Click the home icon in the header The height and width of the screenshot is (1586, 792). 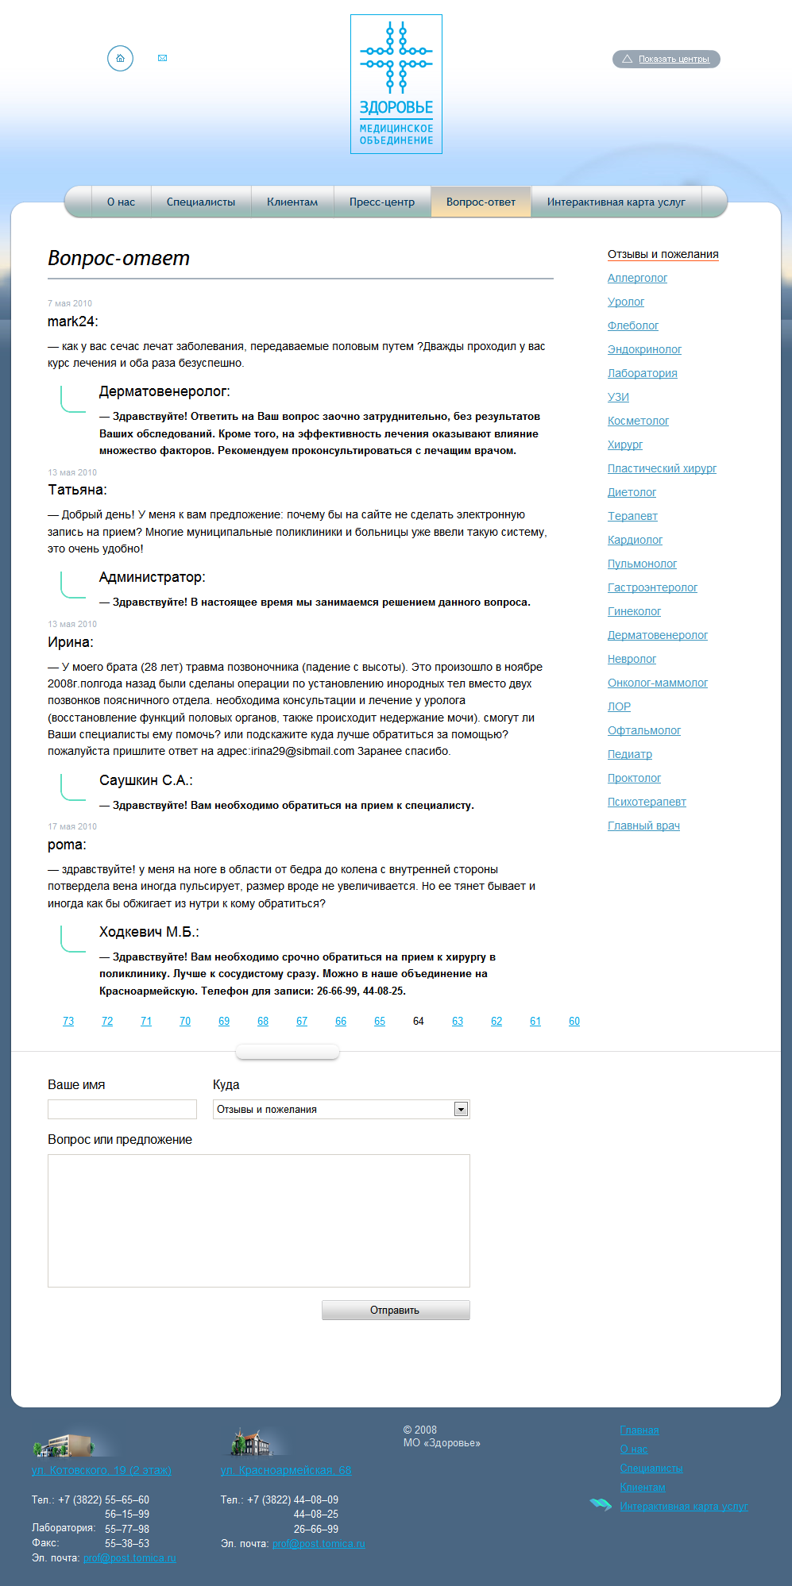click(x=120, y=58)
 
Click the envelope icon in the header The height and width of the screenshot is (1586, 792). click(x=163, y=58)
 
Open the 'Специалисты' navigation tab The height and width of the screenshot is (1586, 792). click(x=201, y=202)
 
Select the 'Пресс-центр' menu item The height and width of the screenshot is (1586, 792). click(x=382, y=202)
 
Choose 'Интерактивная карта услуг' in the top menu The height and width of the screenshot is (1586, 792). click(x=616, y=202)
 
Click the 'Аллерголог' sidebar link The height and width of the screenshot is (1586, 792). click(x=637, y=278)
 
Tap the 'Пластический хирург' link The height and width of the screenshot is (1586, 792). click(x=662, y=468)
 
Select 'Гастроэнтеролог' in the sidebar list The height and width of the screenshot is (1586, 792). click(x=652, y=587)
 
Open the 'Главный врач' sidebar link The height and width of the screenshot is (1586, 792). click(x=643, y=826)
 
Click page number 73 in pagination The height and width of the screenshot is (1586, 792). click(x=68, y=1022)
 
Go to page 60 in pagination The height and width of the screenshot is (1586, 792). click(x=574, y=1022)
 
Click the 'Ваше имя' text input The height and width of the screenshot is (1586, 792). click(x=122, y=1109)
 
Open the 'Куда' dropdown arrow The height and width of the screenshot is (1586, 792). click(x=461, y=1110)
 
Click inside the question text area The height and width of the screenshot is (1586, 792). click(x=259, y=1220)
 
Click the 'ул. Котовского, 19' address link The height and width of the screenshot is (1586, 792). click(x=102, y=1470)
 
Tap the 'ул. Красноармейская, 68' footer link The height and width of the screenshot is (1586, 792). click(x=286, y=1470)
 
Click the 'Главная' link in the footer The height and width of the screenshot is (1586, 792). click(x=639, y=1430)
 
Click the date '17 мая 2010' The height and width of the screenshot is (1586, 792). click(x=72, y=826)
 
